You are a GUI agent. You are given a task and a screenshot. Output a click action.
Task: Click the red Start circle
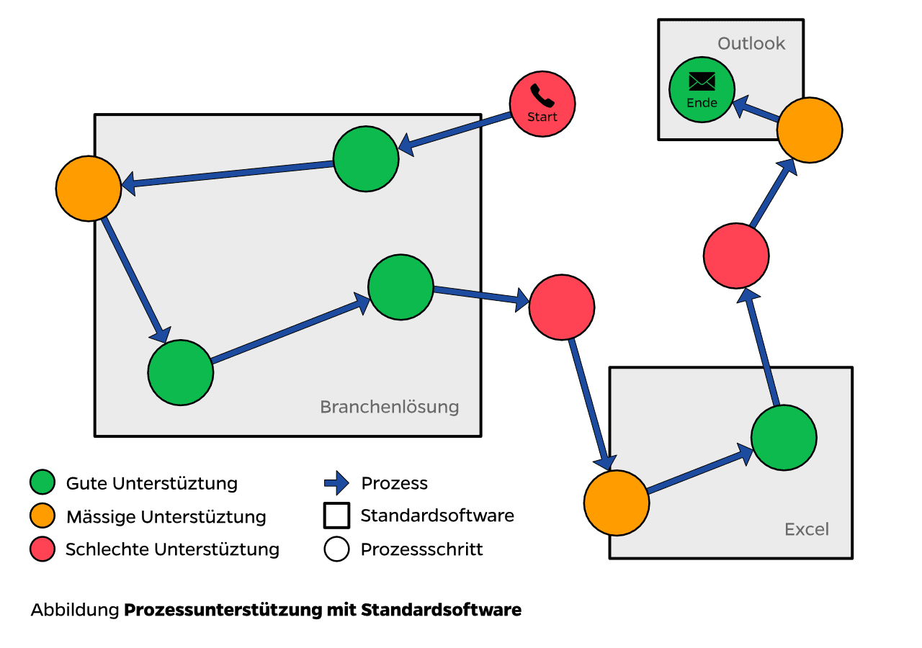542,103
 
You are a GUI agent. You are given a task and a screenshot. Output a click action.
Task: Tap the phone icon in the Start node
540,94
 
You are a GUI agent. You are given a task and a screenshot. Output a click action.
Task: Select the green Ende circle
702,90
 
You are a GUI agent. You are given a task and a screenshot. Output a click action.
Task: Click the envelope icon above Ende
702,81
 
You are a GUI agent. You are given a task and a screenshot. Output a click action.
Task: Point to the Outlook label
751,44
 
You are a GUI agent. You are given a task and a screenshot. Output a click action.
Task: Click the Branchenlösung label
389,407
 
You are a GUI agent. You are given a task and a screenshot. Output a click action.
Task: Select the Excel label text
807,530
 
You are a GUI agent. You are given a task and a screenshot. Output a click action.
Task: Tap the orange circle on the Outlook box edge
810,130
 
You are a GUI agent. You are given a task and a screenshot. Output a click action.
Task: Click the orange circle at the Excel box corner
617,503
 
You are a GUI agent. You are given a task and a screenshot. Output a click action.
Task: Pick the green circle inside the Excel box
784,438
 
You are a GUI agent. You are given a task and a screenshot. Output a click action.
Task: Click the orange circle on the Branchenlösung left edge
89,188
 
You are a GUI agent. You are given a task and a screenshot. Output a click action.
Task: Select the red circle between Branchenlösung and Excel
562,307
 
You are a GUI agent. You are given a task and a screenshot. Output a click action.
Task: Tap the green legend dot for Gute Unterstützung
42,482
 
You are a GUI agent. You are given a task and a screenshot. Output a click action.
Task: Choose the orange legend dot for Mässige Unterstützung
42,516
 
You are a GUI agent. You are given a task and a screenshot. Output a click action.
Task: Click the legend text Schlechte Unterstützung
172,550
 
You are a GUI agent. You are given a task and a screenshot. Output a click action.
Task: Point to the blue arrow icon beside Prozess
336,482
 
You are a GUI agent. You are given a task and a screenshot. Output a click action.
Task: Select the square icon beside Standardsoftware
336,516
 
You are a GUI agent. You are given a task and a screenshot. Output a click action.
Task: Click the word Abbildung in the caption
74,611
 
